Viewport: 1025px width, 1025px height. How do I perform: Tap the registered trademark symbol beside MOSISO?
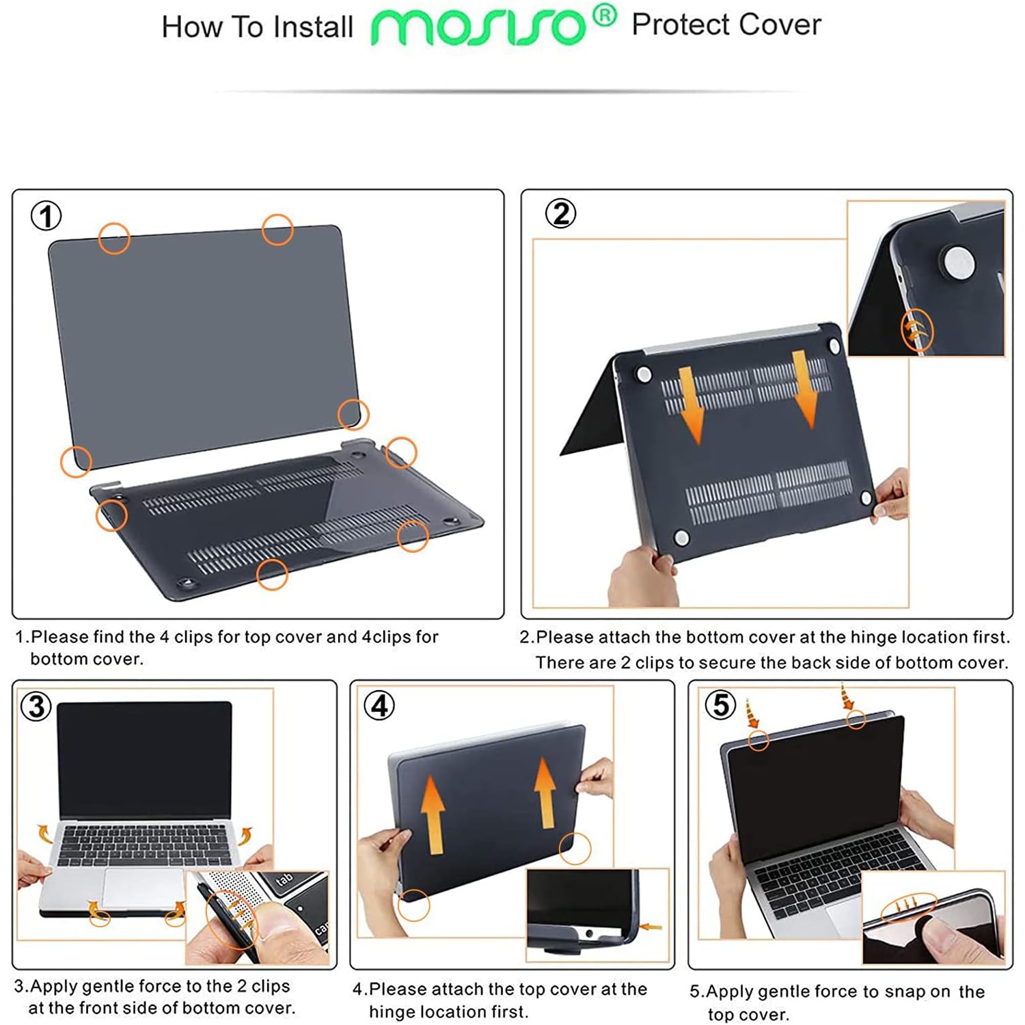[604, 16]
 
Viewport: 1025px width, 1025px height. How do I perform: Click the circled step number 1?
[46, 216]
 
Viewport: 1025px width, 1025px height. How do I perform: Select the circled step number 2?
[560, 214]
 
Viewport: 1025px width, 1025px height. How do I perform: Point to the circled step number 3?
[36, 706]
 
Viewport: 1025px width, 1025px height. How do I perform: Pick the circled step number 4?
[379, 705]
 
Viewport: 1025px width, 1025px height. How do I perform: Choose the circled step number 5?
[720, 705]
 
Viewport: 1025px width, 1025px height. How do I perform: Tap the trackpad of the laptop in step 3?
[143, 888]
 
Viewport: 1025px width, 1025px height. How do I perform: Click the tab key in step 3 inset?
[284, 879]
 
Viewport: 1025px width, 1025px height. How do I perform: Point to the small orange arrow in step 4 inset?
[651, 927]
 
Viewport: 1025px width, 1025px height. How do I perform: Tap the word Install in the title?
[312, 27]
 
